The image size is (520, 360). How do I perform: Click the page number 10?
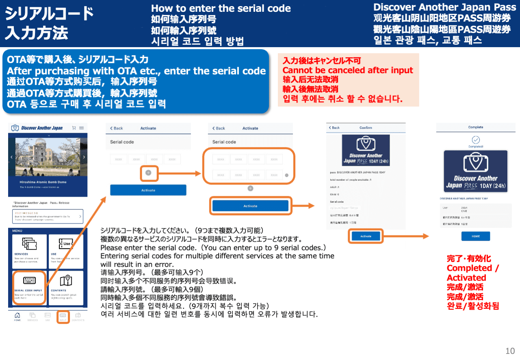click(x=510, y=351)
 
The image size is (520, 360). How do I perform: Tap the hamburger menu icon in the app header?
click(x=82, y=128)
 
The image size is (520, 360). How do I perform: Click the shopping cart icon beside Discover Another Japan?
click(x=74, y=128)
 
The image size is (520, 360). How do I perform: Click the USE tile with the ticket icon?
click(x=65, y=251)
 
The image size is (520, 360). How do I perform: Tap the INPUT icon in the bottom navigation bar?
click(x=63, y=317)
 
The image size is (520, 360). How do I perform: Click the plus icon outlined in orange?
click(x=148, y=173)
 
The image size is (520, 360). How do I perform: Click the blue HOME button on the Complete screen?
click(x=475, y=236)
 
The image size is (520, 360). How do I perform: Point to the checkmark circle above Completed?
click(x=475, y=140)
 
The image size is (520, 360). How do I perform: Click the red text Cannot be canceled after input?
click(x=348, y=70)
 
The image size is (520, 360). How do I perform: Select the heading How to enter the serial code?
click(x=221, y=9)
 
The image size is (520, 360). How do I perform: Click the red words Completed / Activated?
click(x=472, y=273)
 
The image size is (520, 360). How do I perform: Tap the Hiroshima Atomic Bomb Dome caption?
click(x=43, y=182)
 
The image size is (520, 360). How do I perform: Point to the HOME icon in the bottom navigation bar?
click(x=17, y=317)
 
